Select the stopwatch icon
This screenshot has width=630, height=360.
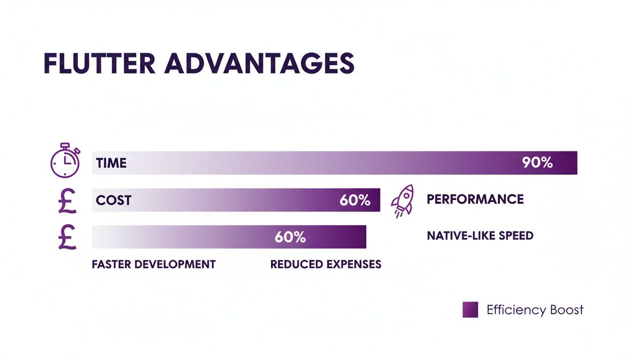(x=65, y=160)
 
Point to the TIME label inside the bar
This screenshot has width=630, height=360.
(x=111, y=163)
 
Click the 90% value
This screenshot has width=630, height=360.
(x=537, y=163)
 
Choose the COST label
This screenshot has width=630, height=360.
(x=113, y=201)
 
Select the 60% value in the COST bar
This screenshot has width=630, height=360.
(x=354, y=201)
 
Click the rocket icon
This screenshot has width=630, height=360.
(x=403, y=201)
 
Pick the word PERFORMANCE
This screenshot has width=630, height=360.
(x=475, y=199)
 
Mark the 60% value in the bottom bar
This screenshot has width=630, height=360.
(x=290, y=237)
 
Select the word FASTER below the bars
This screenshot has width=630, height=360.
(x=112, y=264)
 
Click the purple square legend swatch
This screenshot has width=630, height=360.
(x=470, y=310)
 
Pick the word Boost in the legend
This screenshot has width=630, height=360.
(x=566, y=310)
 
